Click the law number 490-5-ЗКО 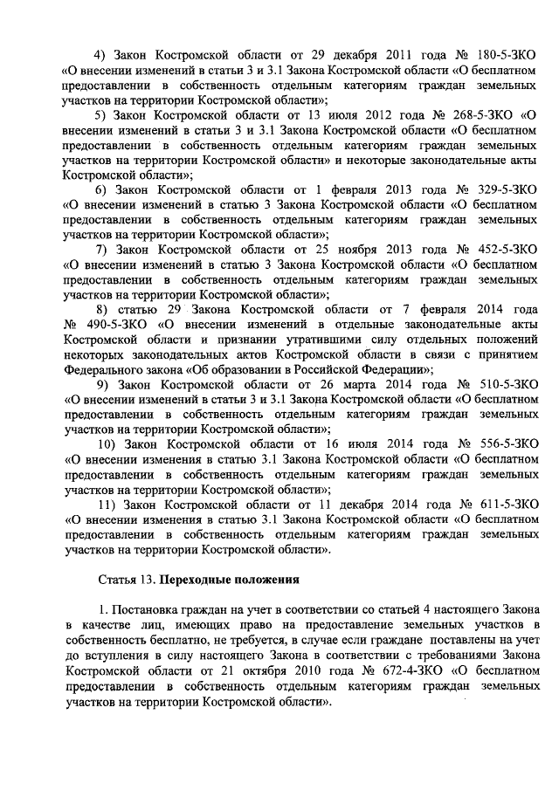click(x=103, y=324)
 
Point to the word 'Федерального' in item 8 click(x=105, y=369)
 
